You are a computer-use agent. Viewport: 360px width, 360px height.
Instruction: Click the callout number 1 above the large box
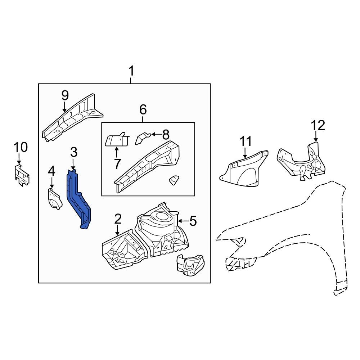click(131, 71)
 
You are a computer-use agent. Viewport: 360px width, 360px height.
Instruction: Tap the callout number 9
click(65, 95)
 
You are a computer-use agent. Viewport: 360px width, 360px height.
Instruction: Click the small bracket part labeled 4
click(55, 198)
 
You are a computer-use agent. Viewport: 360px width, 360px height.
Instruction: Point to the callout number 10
click(21, 147)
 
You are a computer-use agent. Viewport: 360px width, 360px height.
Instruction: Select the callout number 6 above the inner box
click(143, 109)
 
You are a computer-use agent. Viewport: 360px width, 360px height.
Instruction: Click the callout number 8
click(166, 135)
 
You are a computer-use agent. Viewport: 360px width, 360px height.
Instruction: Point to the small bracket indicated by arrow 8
click(143, 138)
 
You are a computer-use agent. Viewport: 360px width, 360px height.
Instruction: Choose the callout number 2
click(118, 219)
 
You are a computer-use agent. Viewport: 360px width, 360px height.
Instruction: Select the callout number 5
click(193, 221)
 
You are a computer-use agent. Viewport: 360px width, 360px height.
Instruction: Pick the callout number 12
click(318, 125)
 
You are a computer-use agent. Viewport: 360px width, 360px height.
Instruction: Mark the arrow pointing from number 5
click(183, 221)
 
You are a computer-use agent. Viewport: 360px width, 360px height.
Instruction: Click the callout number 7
click(117, 163)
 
